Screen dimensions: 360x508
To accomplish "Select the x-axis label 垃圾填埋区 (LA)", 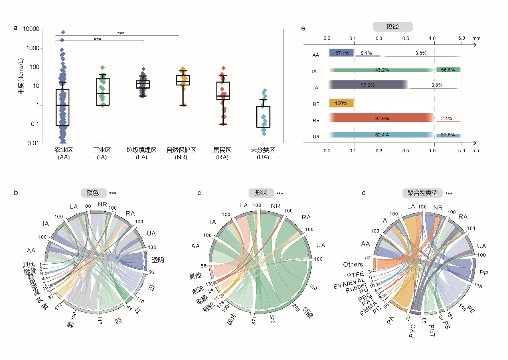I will [x=141, y=154].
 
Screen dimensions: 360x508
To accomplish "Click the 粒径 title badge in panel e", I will [x=393, y=27].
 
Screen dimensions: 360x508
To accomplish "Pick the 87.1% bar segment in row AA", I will [x=341, y=53].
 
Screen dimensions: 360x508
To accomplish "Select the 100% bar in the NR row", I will [x=341, y=103].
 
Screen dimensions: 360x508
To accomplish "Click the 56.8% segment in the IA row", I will [x=448, y=70].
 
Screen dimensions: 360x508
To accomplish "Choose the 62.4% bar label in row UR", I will [x=379, y=135].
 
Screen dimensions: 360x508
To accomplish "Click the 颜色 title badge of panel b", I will [x=94, y=193].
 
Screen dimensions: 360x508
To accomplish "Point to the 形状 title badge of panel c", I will [x=261, y=193].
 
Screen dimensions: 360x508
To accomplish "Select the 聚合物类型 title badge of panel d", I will [x=423, y=193].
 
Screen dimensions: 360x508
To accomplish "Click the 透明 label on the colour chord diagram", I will [x=158, y=260].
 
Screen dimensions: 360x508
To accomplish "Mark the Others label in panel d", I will [x=353, y=265].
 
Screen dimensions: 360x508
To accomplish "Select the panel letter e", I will [x=303, y=28].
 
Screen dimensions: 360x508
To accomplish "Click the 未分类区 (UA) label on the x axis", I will [x=263, y=154].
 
